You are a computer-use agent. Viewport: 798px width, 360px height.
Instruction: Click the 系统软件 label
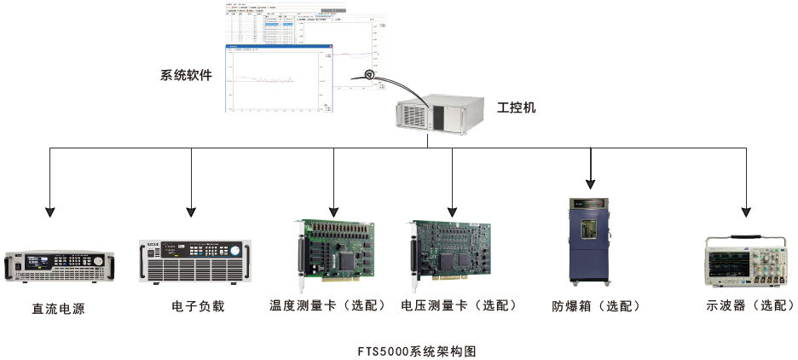pos(186,75)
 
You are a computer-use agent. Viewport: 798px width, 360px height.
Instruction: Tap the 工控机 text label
pos(517,108)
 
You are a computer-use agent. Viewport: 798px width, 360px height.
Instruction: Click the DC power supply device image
pos(59,265)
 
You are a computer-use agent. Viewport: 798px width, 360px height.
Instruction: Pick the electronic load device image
pos(197,259)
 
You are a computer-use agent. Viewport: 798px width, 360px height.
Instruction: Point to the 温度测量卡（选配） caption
pos(328,305)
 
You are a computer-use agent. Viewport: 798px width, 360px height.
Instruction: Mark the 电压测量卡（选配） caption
pos(459,305)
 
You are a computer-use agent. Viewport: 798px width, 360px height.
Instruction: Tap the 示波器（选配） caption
pos(751,305)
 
